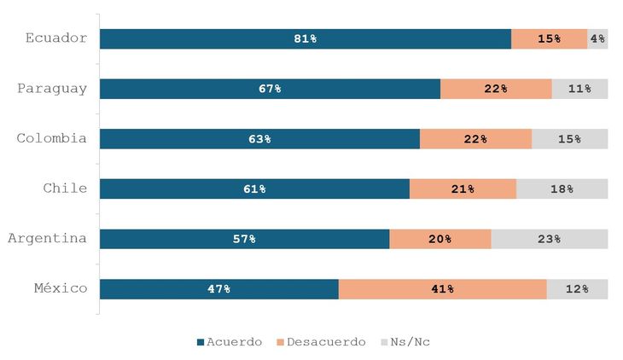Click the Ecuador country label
click(x=56, y=38)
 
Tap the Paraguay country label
click(x=52, y=89)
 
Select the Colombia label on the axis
click(x=52, y=138)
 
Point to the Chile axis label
click(x=66, y=189)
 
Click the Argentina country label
click(x=48, y=238)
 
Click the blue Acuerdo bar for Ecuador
click(x=305, y=39)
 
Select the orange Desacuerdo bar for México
click(x=442, y=289)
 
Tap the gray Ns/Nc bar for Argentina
click(x=549, y=239)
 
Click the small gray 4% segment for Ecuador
click(x=597, y=39)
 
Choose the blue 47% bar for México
click(x=218, y=289)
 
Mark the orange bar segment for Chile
click(x=463, y=189)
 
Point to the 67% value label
click(x=271, y=90)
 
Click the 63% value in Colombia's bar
click(x=259, y=139)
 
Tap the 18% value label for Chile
click(x=562, y=189)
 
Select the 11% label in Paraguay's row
click(x=579, y=90)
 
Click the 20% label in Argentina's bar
click(x=440, y=240)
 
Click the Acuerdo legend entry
click(x=230, y=342)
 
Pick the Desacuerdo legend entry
click(x=321, y=342)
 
